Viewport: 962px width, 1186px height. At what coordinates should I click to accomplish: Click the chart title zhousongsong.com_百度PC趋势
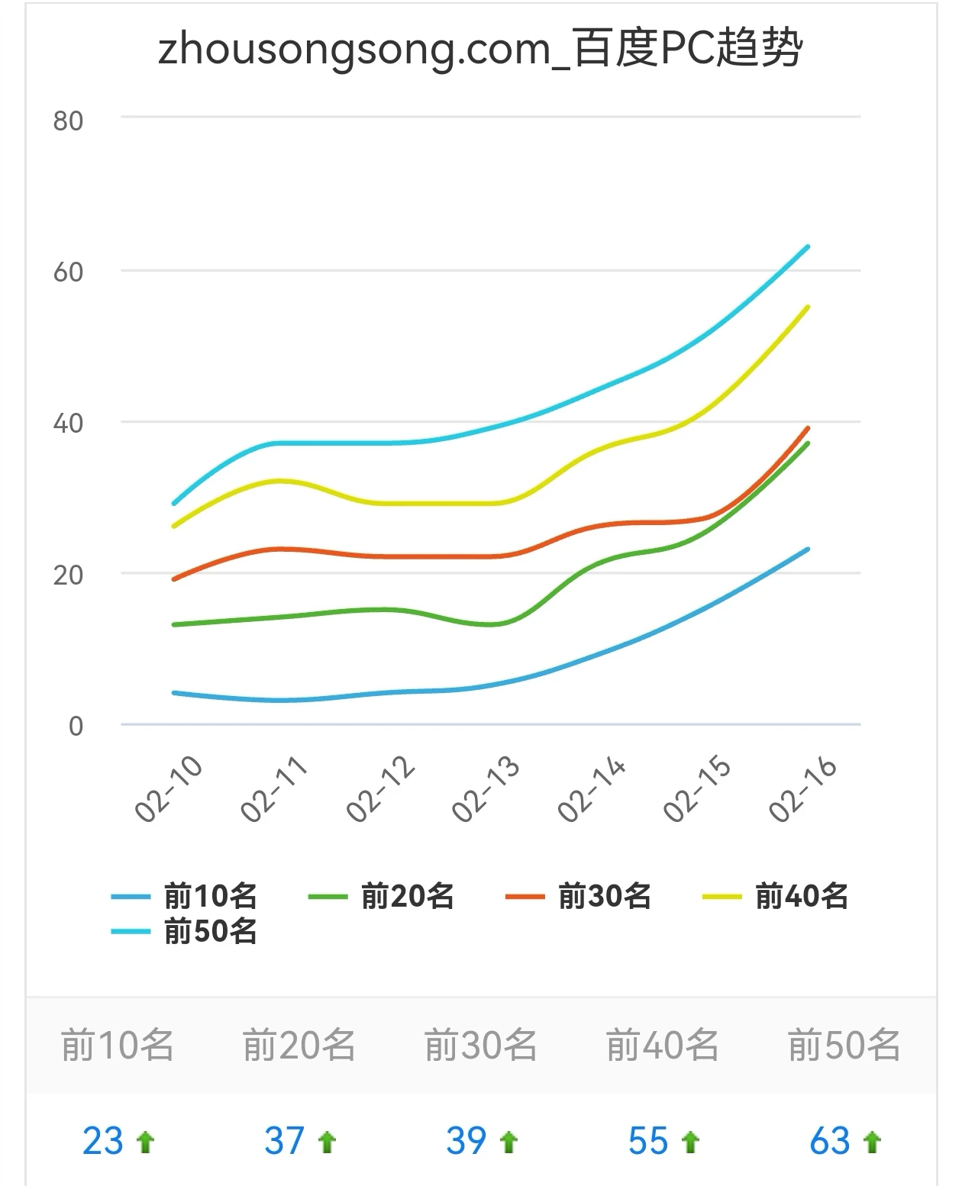pyautogui.click(x=480, y=48)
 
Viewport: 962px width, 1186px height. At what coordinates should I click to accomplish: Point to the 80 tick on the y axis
pyautogui.click(x=68, y=121)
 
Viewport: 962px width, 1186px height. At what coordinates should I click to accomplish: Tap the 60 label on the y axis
pyautogui.click(x=68, y=272)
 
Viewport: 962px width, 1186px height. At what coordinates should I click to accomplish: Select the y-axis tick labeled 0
pyautogui.click(x=76, y=726)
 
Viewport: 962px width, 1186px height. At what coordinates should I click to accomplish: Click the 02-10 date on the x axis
pyautogui.click(x=169, y=788)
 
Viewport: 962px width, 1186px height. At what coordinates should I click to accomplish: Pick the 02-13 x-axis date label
pyautogui.click(x=486, y=788)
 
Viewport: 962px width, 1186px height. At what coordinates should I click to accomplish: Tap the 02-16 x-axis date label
pyautogui.click(x=803, y=788)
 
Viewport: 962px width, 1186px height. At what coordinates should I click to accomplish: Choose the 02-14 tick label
pyautogui.click(x=592, y=788)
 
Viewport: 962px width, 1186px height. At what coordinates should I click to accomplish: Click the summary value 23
pyautogui.click(x=103, y=1142)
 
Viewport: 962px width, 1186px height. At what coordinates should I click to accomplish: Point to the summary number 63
pyautogui.click(x=830, y=1142)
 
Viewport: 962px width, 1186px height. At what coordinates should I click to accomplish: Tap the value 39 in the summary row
pyautogui.click(x=466, y=1142)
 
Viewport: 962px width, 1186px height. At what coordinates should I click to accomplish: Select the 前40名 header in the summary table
pyautogui.click(x=662, y=1046)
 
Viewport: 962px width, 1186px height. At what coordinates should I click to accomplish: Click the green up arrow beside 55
pyautogui.click(x=690, y=1142)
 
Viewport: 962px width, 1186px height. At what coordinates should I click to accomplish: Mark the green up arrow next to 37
pyautogui.click(x=327, y=1142)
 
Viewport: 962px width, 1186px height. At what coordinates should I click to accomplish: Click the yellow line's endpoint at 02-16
pyautogui.click(x=808, y=307)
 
